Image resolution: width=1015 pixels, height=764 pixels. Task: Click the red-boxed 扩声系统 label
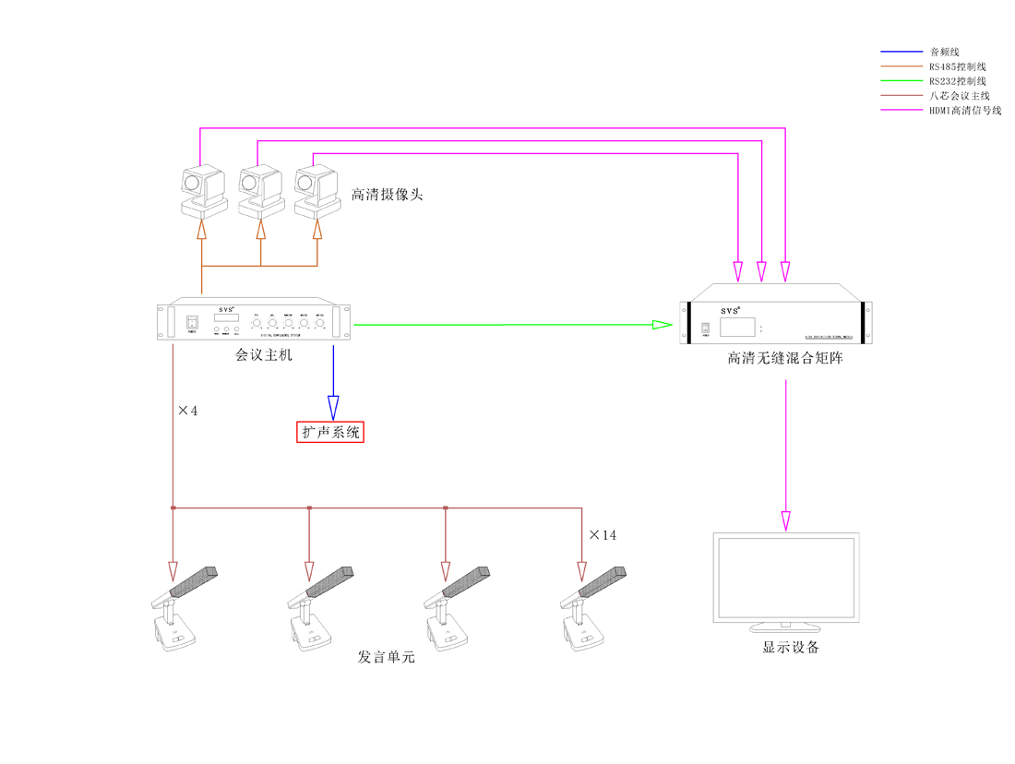pos(330,432)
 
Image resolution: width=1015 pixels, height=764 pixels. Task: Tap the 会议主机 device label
pos(264,354)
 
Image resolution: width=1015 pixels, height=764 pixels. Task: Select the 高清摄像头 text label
pos(387,195)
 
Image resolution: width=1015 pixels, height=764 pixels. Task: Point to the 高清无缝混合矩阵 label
pos(784,358)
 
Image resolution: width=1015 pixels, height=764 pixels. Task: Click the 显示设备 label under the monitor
pos(790,647)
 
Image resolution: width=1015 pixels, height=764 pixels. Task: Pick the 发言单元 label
pos(386,657)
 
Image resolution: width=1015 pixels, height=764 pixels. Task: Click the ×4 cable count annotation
pos(187,411)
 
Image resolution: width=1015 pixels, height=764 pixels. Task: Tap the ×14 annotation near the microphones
pos(602,535)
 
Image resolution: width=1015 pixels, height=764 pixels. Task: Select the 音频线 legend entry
pos(944,52)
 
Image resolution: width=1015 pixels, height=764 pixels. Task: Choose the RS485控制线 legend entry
pos(957,66)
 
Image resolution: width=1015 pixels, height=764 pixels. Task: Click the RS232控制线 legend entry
pos(957,81)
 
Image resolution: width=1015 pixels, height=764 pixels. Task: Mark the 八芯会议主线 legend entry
pos(959,96)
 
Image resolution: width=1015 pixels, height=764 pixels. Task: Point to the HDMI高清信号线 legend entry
pos(964,111)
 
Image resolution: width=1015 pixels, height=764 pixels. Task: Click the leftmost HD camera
pos(203,189)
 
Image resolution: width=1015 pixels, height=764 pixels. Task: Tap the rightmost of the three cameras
pos(315,189)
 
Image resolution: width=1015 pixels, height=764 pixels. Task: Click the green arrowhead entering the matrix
pos(661,325)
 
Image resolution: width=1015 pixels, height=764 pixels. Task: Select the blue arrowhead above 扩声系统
pos(333,407)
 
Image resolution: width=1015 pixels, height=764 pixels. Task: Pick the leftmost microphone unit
pos(180,609)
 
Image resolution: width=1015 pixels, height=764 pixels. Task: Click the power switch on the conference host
pos(193,323)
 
